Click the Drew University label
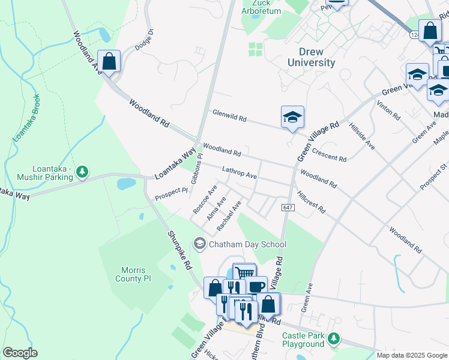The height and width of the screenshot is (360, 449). pos(311,57)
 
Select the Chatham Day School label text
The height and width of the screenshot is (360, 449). pos(247,244)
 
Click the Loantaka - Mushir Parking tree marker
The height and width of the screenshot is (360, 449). pos(83,173)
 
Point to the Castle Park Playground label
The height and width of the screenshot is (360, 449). pos(303,340)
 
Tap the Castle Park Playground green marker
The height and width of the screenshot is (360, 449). pos(333,340)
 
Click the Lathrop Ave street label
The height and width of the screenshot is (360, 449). pos(239,173)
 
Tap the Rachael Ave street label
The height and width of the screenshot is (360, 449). pos(229,215)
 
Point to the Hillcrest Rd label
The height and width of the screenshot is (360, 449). pos(310,203)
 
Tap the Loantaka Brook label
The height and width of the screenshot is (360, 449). pos(27,118)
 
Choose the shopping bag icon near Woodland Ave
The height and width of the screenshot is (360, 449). pos(109,61)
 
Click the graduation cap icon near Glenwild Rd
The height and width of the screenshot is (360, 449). pos(292,116)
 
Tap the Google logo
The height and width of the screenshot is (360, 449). pos(20,353)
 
